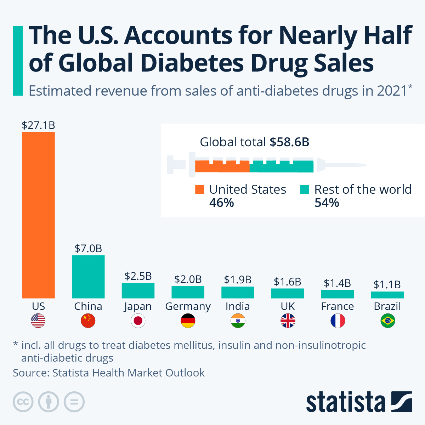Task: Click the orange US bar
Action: click(38, 215)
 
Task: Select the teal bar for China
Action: click(88, 277)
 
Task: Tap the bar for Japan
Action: click(138, 290)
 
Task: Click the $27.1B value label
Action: click(38, 125)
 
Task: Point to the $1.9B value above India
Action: click(238, 280)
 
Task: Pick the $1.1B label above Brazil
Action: click(387, 284)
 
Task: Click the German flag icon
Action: click(188, 321)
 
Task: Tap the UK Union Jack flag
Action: click(288, 321)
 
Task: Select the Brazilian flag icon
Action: click(387, 321)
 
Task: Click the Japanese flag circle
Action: click(138, 321)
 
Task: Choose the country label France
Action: click(337, 306)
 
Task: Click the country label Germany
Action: click(188, 306)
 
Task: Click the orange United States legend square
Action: click(200, 189)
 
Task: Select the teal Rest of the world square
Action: click(305, 189)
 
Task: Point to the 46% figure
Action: click(222, 203)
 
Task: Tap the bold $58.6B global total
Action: click(289, 142)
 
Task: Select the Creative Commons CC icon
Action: click(23, 402)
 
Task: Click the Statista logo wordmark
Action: click(345, 403)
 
